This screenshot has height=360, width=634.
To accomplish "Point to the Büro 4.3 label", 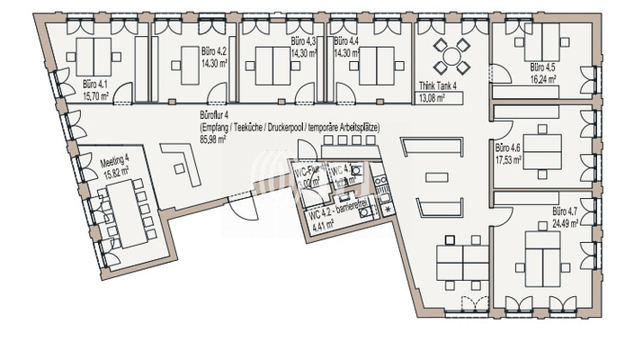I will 303,42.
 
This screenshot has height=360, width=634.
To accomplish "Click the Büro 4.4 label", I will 346,42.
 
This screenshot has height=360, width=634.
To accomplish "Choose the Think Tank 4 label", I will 439,86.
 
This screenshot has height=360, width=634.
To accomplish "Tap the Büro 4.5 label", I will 543,67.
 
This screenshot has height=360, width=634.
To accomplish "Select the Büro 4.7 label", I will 567,212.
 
